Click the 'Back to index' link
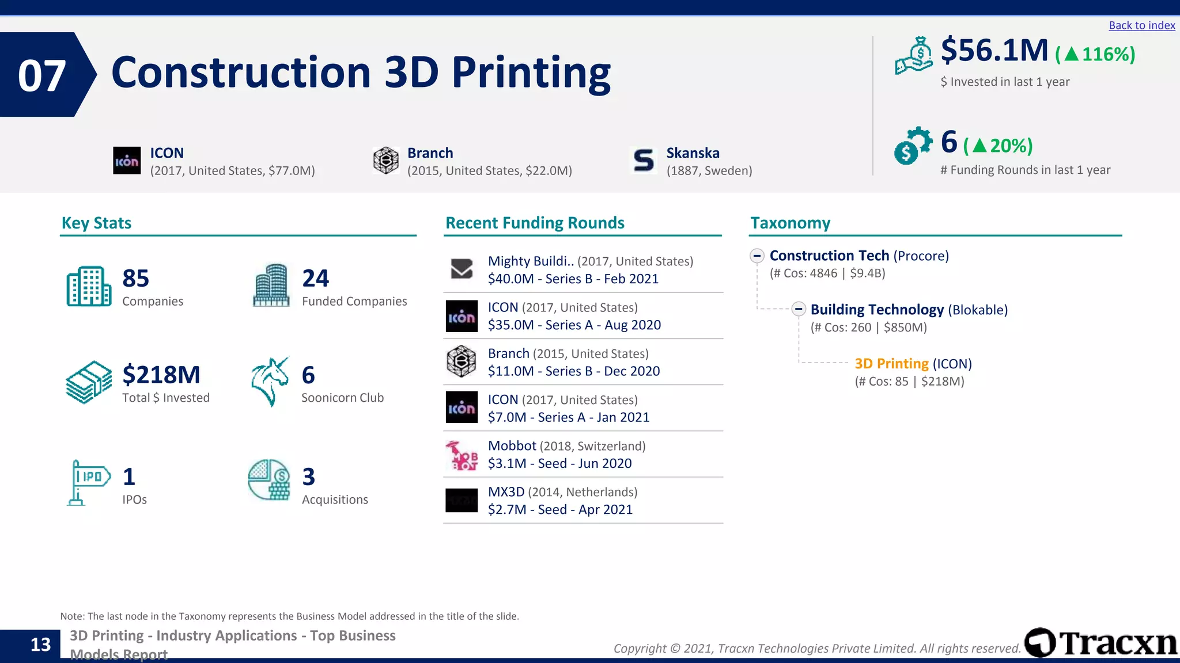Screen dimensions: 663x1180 pos(1141,25)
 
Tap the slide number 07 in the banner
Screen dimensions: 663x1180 pos(41,75)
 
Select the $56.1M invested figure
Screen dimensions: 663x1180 pos(994,50)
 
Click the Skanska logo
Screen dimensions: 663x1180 pos(644,161)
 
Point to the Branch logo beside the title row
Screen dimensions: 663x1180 pos(385,160)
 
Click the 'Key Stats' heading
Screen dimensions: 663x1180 pos(96,223)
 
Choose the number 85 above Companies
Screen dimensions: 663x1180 pos(135,279)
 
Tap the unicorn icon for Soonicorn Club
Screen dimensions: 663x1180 pos(270,382)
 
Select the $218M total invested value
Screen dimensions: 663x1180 pos(161,375)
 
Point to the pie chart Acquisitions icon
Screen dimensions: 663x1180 pos(269,480)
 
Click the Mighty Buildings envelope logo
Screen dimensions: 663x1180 pos(462,269)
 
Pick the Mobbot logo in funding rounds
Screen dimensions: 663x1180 pos(462,455)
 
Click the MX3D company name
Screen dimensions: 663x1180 pos(506,492)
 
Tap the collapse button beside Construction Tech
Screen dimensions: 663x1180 pos(757,256)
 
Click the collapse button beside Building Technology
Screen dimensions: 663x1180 pos(798,309)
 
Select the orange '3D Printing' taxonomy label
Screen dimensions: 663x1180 pos(891,364)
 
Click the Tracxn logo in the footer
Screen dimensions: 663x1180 pos(1101,643)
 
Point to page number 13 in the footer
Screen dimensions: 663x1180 pos(40,645)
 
